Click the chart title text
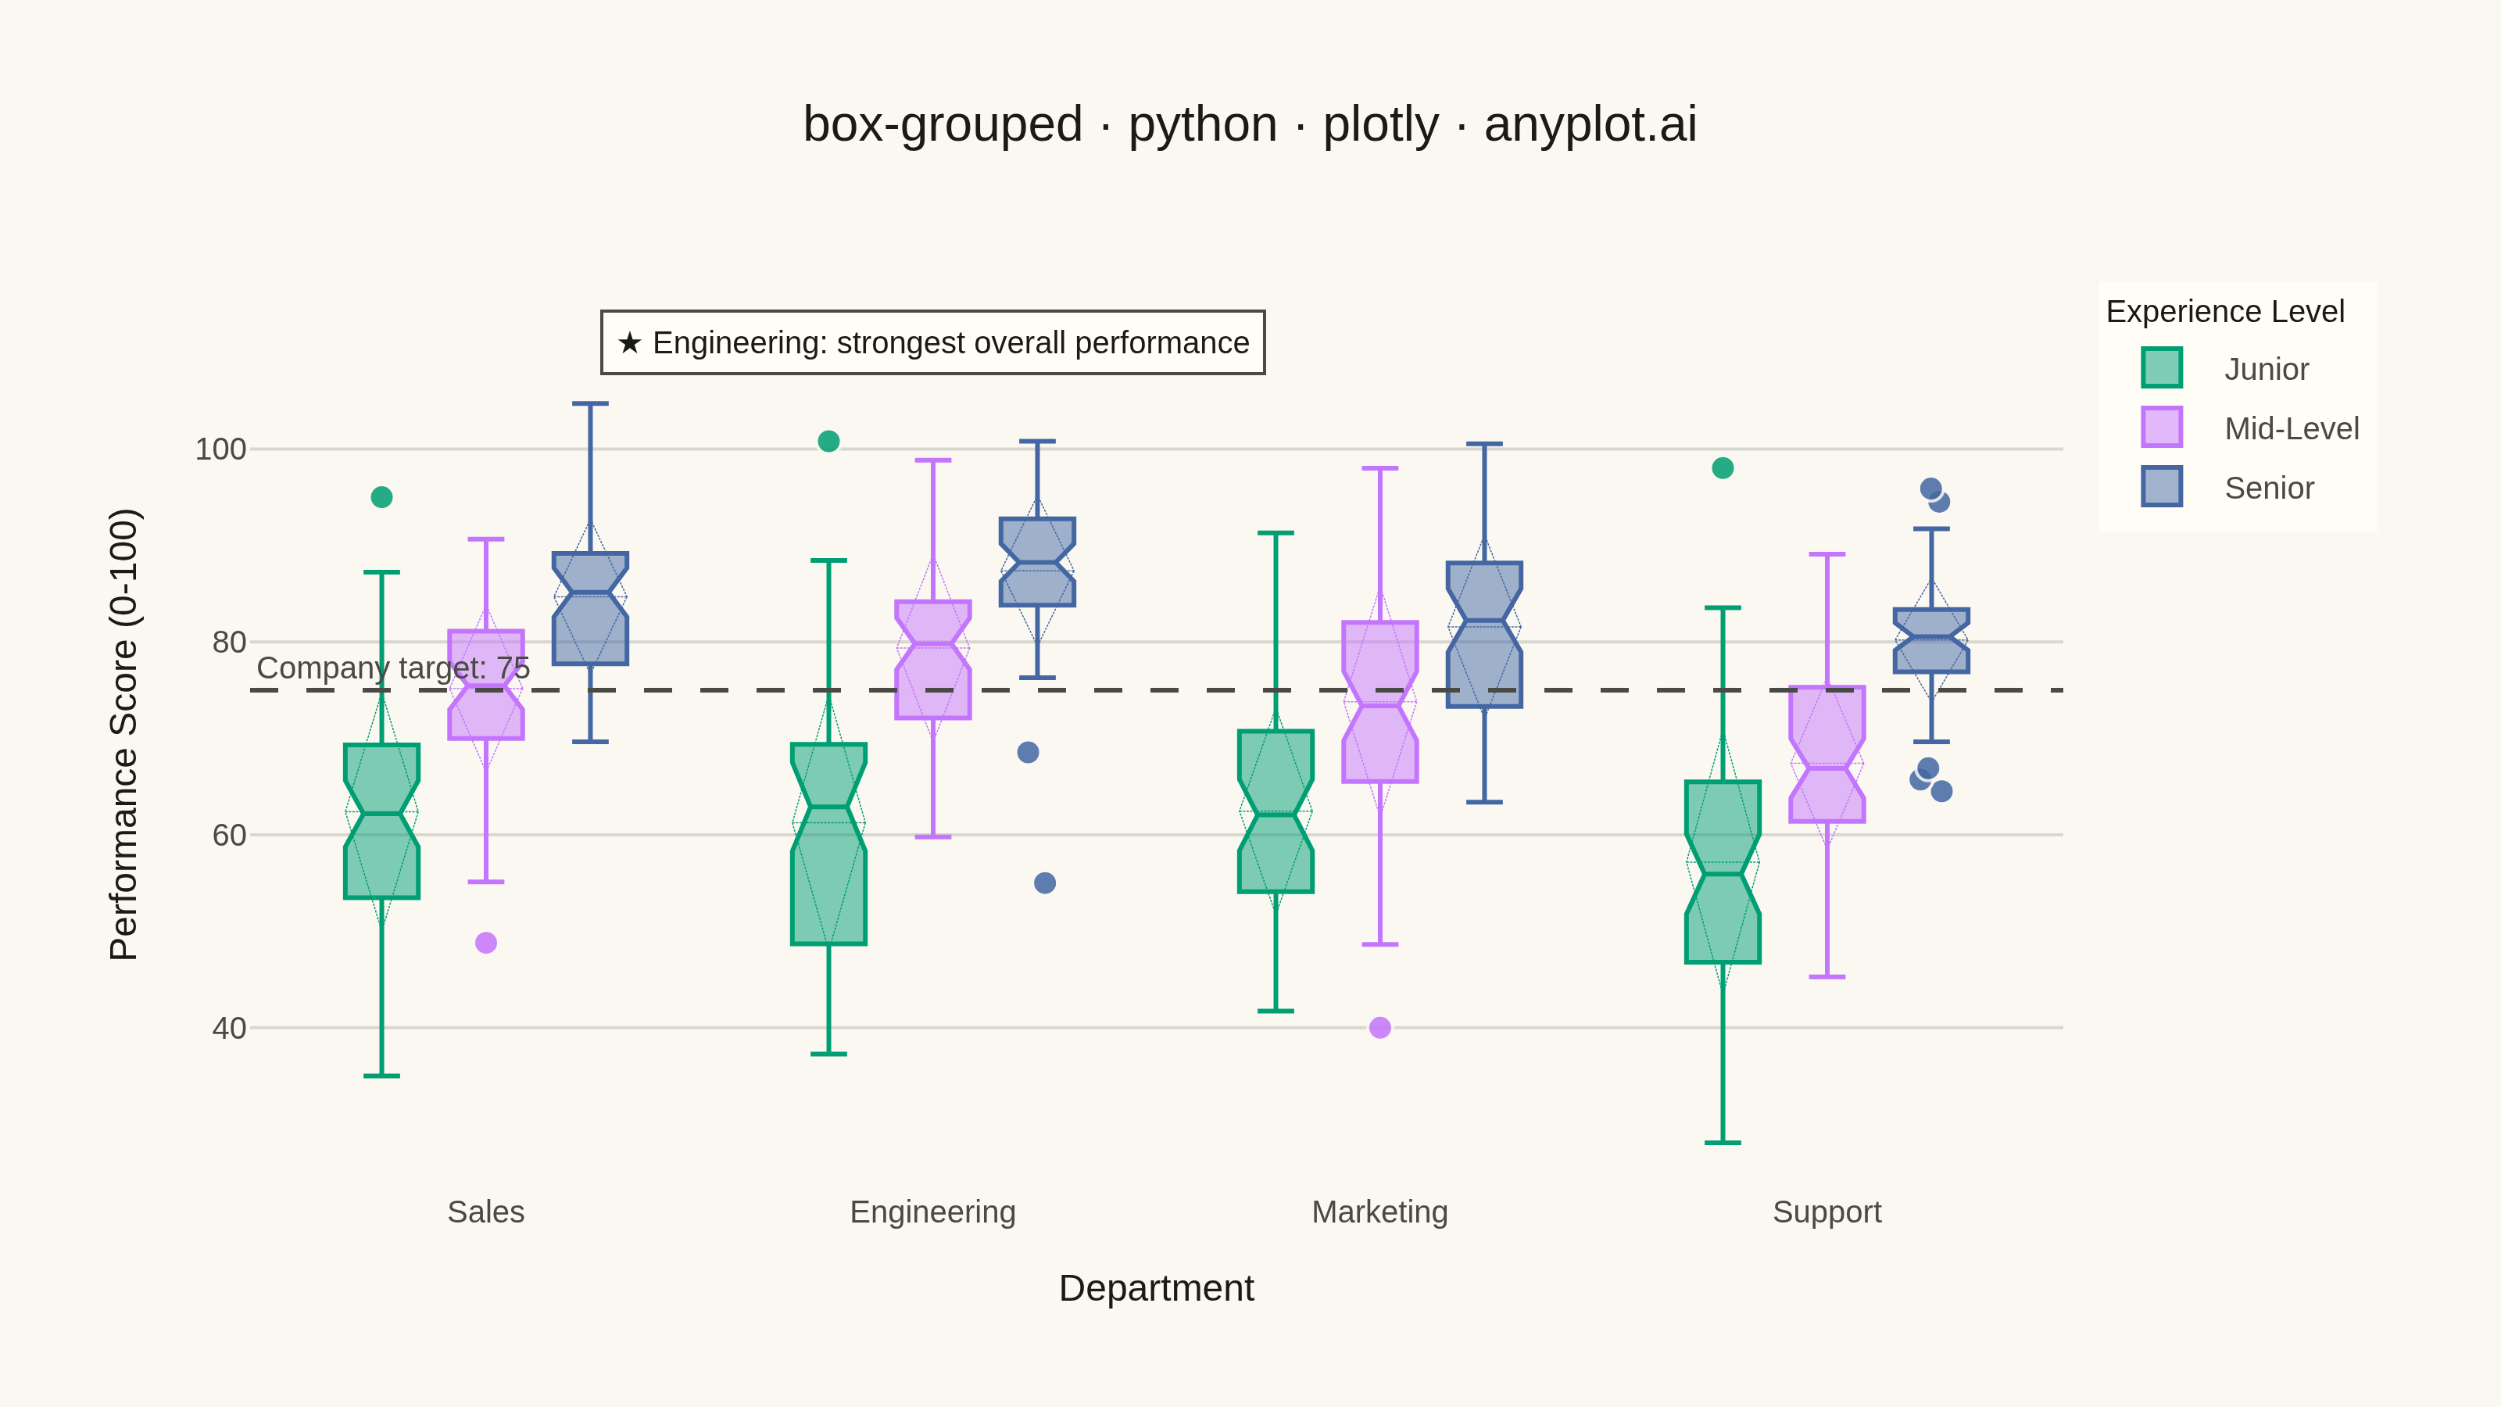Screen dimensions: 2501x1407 tap(1250, 124)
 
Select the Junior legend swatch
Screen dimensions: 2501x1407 tap(2161, 368)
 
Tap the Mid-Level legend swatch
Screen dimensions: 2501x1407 tap(2161, 428)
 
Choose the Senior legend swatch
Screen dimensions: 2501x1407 tap(2161, 486)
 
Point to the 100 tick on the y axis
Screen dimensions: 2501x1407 tap(221, 449)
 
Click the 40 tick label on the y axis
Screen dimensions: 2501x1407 tap(229, 1027)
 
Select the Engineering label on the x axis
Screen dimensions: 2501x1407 tap(932, 1212)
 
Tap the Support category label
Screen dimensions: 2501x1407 tap(1827, 1212)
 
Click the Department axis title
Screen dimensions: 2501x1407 tap(1157, 1288)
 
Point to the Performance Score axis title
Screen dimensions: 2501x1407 tap(124, 734)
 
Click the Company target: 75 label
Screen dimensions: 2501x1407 tap(393, 668)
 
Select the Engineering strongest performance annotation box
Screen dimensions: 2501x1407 tap(933, 342)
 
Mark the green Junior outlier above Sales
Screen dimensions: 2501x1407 tap(381, 497)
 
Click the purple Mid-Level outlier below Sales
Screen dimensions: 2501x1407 tap(486, 943)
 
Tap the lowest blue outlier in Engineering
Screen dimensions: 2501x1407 tap(1045, 883)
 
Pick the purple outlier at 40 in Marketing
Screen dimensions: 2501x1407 tap(1379, 1027)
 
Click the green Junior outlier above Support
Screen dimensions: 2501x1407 tap(1723, 468)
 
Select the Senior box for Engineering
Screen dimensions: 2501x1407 tap(1037, 562)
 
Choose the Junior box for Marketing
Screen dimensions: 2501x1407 tap(1276, 812)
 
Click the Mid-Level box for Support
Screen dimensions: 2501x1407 tap(1827, 754)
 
